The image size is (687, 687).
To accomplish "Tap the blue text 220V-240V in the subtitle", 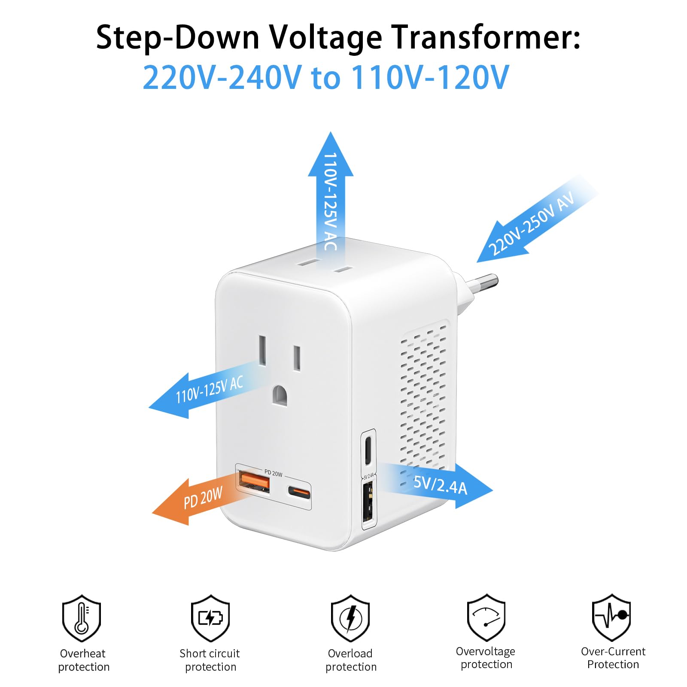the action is (222, 77).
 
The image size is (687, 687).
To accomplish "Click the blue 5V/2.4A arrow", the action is (442, 485).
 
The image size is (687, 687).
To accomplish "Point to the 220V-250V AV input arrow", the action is (532, 223).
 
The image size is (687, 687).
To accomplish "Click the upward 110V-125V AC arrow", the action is (331, 193).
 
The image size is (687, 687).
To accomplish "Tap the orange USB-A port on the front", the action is (254, 482).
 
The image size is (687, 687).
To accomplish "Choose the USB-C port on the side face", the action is (368, 450).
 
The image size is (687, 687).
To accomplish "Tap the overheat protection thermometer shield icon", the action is (82, 618).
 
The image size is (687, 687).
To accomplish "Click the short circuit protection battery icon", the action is (210, 618).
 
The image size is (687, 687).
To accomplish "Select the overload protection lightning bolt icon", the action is (350, 618).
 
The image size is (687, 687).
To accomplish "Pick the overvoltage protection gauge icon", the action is (486, 617).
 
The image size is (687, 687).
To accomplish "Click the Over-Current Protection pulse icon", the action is (611, 617).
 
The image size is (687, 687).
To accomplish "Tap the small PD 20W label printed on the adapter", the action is (273, 473).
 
